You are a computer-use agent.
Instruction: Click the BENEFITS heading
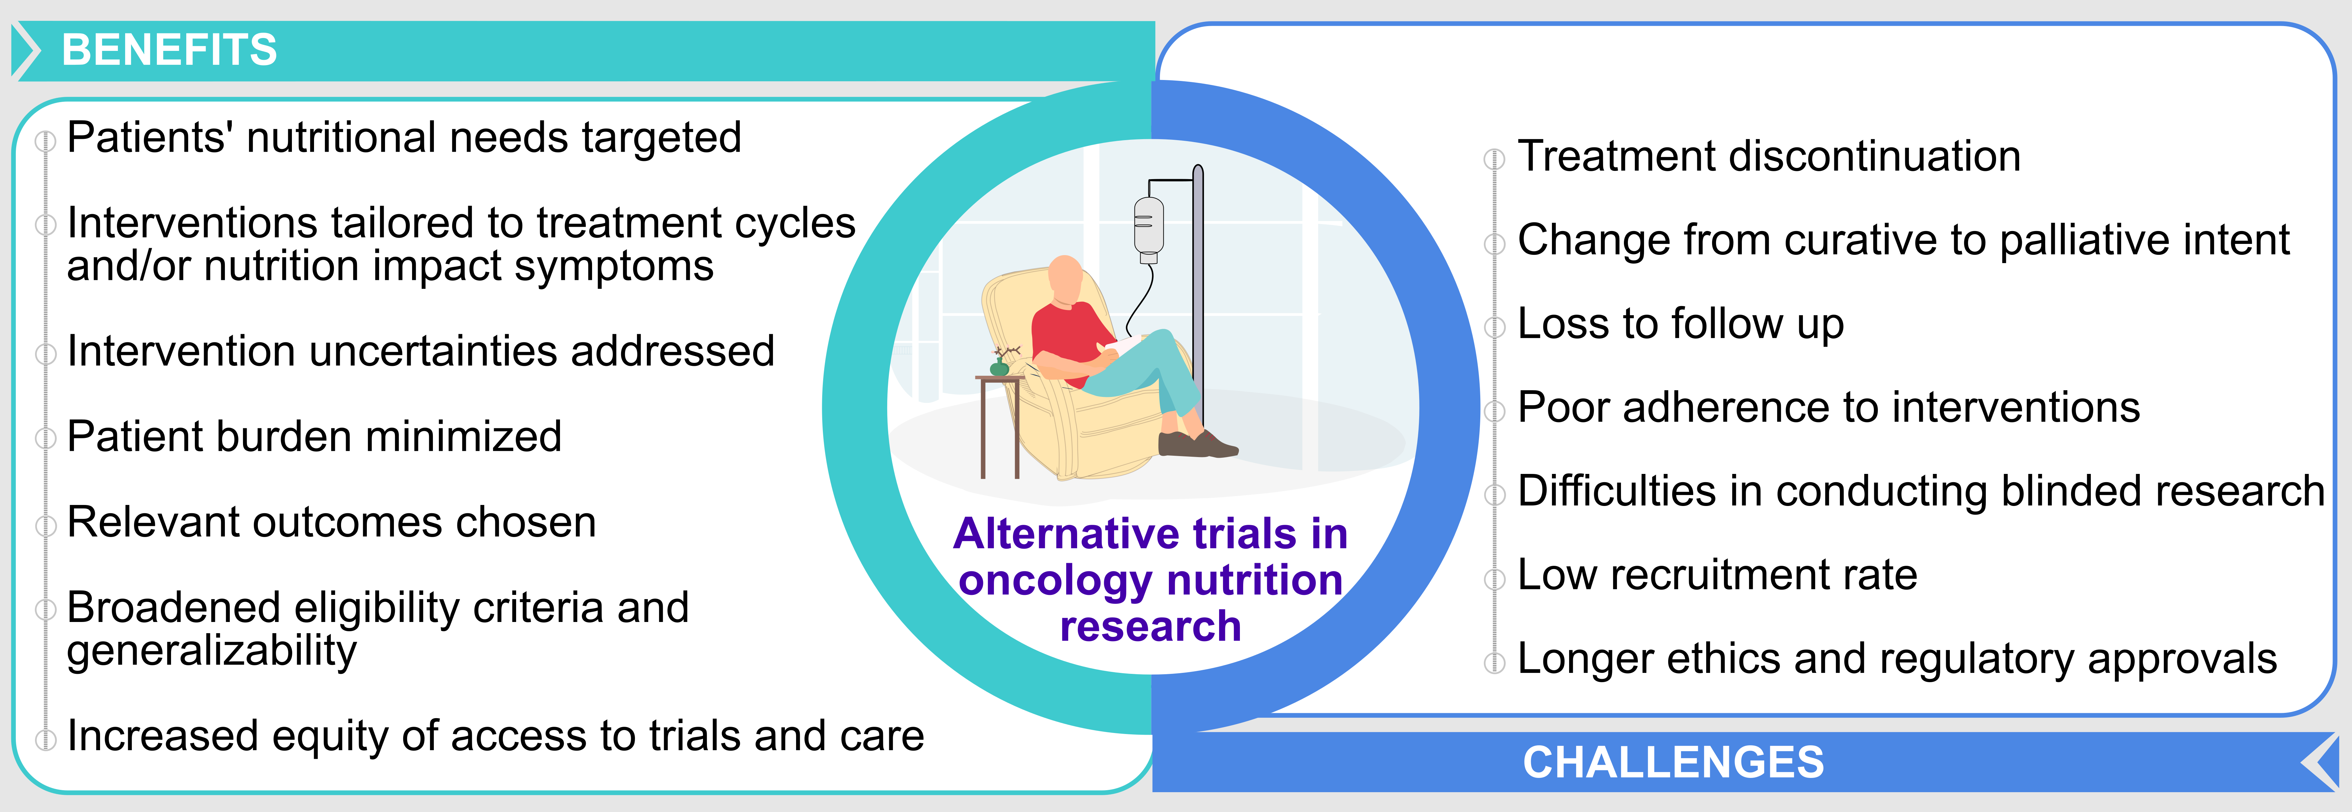pos(169,49)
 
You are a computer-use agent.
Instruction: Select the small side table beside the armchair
pos(1000,425)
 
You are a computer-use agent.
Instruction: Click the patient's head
pos(1066,279)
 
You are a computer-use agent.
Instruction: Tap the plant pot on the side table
pos(1000,368)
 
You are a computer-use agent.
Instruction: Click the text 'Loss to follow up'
pos(1680,323)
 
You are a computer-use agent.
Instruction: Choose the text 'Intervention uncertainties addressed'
pos(421,351)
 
